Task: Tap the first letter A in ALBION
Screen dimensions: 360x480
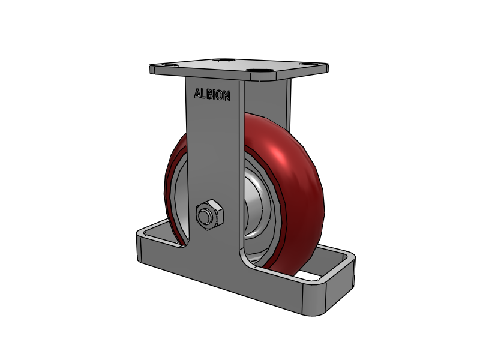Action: (197, 94)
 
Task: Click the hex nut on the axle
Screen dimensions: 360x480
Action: (210, 215)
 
